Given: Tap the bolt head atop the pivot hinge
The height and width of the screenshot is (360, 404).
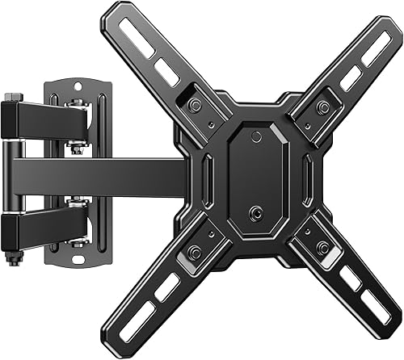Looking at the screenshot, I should (9, 99).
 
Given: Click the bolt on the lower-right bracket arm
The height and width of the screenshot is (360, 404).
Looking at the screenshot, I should (323, 247).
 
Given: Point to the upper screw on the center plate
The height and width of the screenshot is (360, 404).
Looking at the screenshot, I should (255, 136).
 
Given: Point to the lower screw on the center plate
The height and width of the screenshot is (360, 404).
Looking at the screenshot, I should (256, 212).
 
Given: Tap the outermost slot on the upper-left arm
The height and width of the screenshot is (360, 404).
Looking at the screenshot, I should (135, 43).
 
